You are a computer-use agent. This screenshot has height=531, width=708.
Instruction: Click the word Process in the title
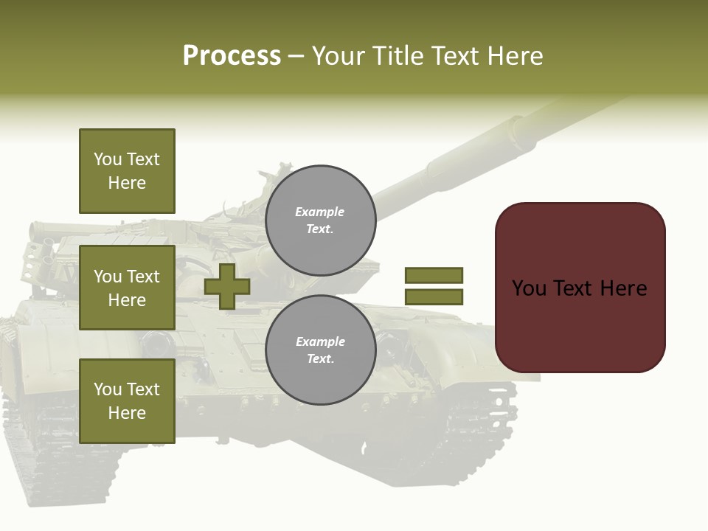[x=232, y=56]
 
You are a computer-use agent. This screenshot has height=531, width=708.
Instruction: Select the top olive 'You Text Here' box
[x=127, y=171]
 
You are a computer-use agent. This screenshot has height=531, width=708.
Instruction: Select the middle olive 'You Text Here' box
[x=127, y=288]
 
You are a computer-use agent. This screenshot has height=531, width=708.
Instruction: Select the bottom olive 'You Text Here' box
[x=127, y=401]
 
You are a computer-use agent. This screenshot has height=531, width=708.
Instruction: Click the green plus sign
[x=227, y=286]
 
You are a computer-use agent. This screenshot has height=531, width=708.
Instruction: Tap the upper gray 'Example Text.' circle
[x=320, y=221]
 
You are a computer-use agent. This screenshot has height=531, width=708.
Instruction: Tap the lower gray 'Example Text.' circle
[x=320, y=350]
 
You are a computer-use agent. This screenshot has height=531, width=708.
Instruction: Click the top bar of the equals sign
[x=434, y=275]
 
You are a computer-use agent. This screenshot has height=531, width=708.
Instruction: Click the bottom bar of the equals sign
[x=434, y=297]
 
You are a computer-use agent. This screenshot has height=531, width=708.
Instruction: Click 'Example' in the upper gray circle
[x=319, y=212]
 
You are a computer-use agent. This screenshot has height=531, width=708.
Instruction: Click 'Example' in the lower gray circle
[x=320, y=342]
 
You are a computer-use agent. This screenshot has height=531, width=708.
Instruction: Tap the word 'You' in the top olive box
[x=108, y=159]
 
